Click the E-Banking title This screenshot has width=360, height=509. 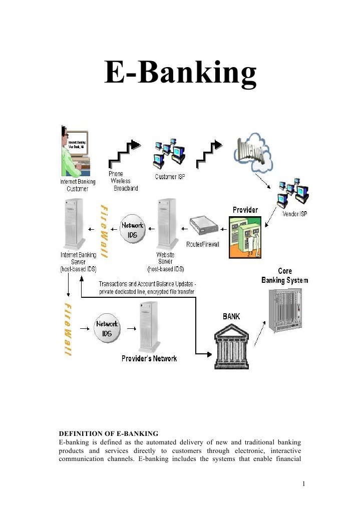(x=180, y=74)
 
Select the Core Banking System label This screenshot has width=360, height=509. (x=285, y=276)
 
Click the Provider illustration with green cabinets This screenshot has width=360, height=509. (x=245, y=236)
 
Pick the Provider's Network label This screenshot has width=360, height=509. (x=149, y=358)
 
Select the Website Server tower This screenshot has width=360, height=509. (x=165, y=224)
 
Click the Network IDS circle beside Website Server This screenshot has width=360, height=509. (x=132, y=229)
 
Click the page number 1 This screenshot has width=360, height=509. (x=303, y=484)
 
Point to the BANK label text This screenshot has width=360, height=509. (x=231, y=316)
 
